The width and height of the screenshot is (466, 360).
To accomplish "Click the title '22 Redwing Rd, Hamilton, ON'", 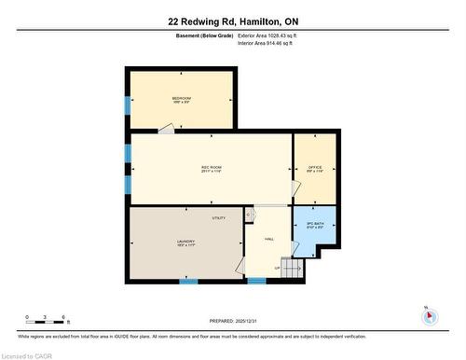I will (232, 21).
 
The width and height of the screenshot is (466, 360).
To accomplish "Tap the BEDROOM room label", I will (181, 100).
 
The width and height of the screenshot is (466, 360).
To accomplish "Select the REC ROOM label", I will (212, 168).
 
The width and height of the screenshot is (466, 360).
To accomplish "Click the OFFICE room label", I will (315, 168).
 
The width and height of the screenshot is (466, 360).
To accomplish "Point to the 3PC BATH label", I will (315, 226).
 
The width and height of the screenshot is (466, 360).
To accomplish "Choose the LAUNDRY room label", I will (185, 242).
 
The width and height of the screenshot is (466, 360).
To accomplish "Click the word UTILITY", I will (218, 218).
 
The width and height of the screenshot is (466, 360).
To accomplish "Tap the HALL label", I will (268, 240).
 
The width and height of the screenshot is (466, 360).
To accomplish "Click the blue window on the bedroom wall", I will (128, 103).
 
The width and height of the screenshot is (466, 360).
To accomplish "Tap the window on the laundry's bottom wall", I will (188, 281).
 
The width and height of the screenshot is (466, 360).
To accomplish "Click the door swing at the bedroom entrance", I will (166, 130).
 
